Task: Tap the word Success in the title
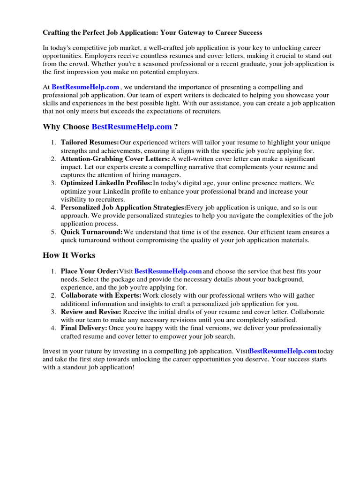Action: [x=250, y=33]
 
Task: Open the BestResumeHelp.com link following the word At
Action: [x=85, y=87]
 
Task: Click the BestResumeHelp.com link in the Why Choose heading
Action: [x=132, y=127]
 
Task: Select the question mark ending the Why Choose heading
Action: [x=176, y=127]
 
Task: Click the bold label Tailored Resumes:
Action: [x=90, y=142]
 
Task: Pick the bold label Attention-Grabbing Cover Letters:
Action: [x=115, y=159]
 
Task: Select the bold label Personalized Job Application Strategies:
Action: [x=123, y=208]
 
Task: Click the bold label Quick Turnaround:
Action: [x=92, y=232]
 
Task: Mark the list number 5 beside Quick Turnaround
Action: [x=53, y=232]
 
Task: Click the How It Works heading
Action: [x=69, y=255]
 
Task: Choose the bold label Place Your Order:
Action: [x=90, y=271]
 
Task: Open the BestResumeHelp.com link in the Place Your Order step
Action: [x=168, y=271]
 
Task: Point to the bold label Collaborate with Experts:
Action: [x=101, y=296]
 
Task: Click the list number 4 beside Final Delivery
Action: [x=53, y=328]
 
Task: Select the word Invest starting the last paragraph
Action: [x=52, y=351]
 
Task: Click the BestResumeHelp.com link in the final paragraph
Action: [x=283, y=351]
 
